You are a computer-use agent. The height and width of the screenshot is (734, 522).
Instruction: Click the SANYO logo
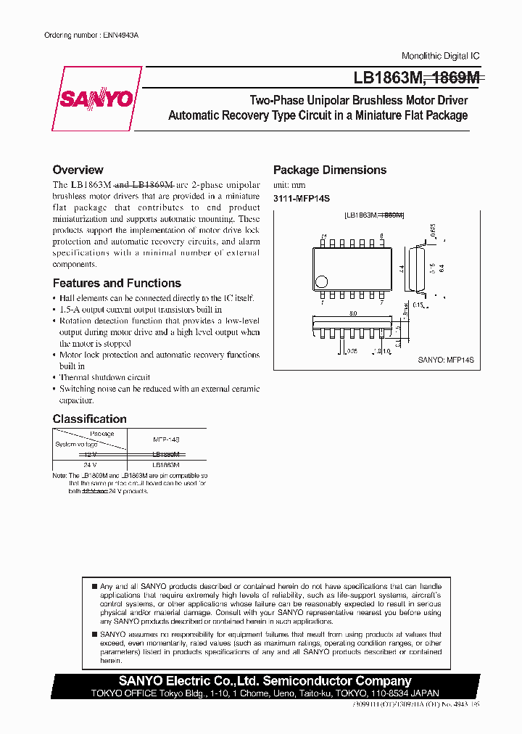(96, 99)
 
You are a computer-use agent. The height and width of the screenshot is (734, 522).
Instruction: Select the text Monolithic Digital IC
(440, 56)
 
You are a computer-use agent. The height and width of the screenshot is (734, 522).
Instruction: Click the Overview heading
(78, 170)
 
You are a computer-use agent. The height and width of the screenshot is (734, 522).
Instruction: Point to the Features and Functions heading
(117, 284)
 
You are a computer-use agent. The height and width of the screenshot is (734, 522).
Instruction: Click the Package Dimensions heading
(329, 170)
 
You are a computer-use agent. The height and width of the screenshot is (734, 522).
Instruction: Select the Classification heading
(89, 419)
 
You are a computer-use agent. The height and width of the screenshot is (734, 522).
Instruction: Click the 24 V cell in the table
(89, 464)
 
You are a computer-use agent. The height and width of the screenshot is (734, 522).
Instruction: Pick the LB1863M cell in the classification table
(165, 464)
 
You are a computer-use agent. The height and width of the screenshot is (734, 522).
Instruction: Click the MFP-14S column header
(165, 440)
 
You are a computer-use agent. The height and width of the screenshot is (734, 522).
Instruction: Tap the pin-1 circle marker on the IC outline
(322, 281)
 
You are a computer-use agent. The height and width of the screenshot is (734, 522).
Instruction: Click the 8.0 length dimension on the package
(352, 313)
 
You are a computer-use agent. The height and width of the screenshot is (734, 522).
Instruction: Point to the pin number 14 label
(324, 236)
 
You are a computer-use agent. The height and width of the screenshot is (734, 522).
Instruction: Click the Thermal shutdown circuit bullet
(104, 377)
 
